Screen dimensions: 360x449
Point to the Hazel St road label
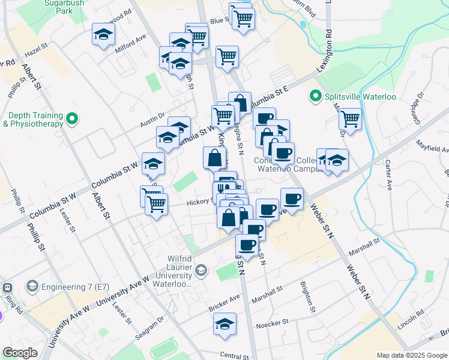(x=35, y=53)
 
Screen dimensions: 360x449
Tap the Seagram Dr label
(x=149, y=328)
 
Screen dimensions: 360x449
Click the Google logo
(x=20, y=353)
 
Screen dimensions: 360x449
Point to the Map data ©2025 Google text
(x=412, y=355)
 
